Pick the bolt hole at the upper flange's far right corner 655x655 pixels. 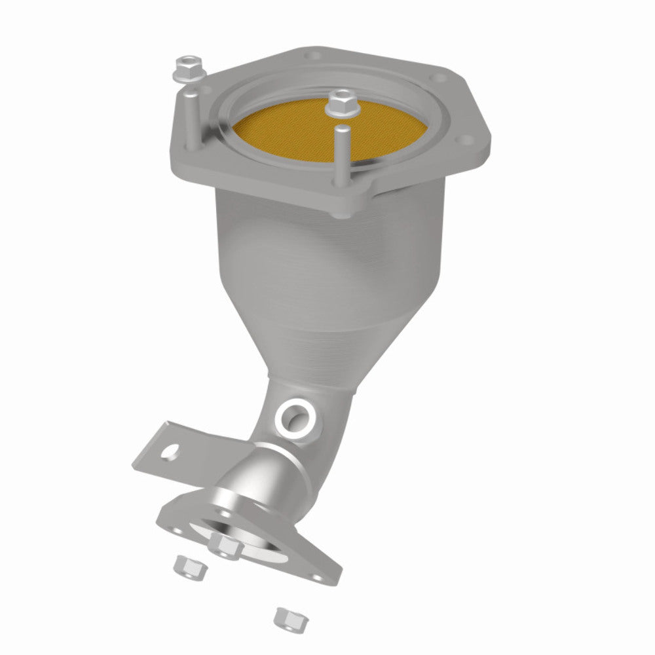click(466, 140)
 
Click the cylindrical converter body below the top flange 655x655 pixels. click(327, 255)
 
